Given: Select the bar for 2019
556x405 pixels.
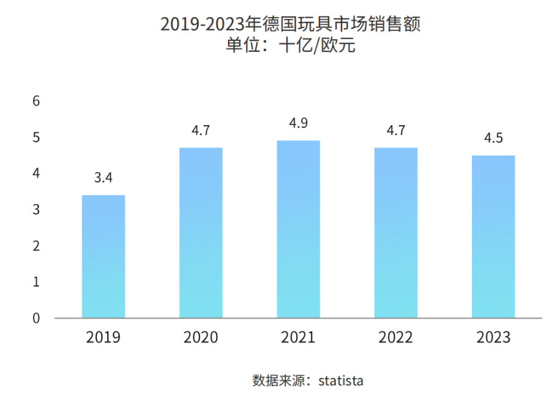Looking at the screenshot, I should tap(104, 256).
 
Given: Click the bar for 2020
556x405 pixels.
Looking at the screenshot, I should tap(201, 232).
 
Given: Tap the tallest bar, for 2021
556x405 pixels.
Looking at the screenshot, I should tap(298, 229).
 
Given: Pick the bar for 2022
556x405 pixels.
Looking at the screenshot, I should tap(396, 232).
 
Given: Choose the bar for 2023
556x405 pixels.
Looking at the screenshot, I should tap(493, 237).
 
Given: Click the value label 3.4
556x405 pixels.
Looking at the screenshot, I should tap(104, 179).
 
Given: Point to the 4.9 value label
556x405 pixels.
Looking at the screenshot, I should tap(298, 123).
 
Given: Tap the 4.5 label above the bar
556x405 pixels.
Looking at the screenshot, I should tap(493, 138).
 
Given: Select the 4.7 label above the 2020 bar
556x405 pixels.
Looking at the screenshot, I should tap(201, 131).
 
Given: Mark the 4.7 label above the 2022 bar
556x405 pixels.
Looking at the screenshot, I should tap(396, 131).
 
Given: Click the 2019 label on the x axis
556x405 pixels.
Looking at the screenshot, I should tap(104, 337).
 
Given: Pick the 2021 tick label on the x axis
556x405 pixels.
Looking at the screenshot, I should tap(298, 337).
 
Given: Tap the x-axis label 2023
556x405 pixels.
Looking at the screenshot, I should tap(493, 337).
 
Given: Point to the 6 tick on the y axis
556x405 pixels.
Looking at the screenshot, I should tap(36, 101).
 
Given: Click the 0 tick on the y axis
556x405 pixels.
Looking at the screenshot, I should tap(36, 318).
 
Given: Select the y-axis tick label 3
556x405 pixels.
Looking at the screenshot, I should tap(36, 210).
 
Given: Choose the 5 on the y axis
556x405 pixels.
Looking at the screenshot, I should tap(36, 138).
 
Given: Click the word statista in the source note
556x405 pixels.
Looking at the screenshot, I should tap(341, 381).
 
